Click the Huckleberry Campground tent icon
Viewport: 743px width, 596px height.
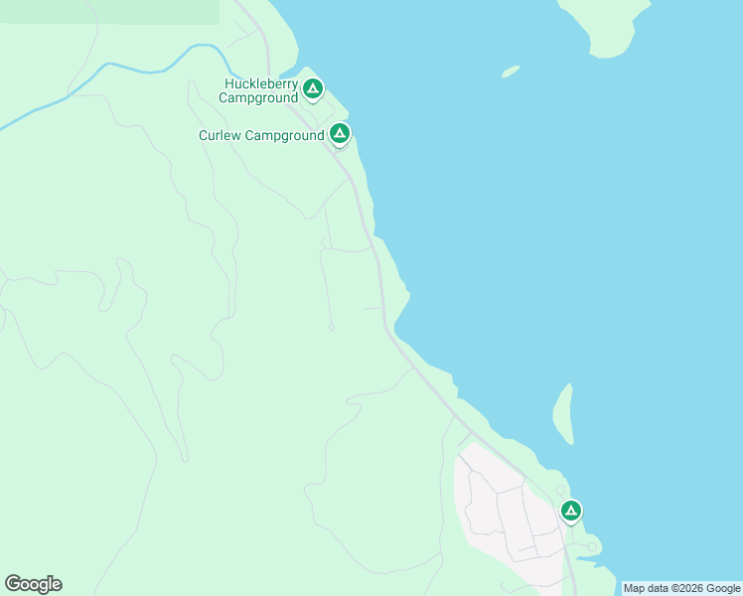tap(313, 89)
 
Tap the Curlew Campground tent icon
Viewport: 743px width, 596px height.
tap(340, 132)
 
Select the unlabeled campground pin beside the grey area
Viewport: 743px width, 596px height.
tap(570, 511)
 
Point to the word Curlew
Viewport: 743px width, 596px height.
tap(220, 135)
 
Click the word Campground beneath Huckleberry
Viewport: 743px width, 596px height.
tap(258, 98)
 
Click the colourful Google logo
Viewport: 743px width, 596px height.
tap(33, 584)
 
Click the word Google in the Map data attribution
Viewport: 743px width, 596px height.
tap(724, 588)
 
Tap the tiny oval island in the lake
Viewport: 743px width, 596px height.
tap(511, 72)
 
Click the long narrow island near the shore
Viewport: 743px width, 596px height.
tap(562, 412)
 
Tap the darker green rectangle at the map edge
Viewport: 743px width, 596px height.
tap(109, 11)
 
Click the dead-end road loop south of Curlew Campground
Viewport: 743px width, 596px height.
tap(332, 326)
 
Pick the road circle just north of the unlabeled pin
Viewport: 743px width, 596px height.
tap(560, 490)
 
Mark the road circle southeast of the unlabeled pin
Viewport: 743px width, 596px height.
tap(593, 546)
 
